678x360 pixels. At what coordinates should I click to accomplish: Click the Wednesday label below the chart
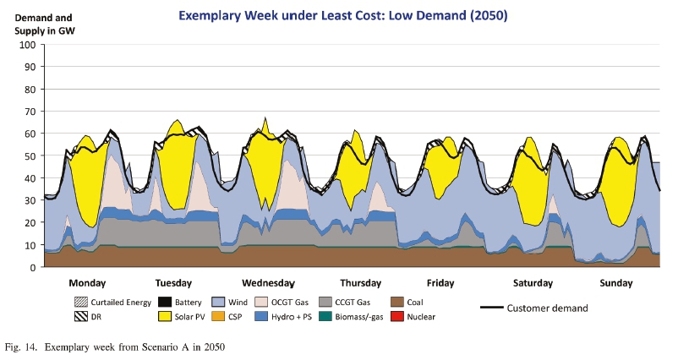pos(268,282)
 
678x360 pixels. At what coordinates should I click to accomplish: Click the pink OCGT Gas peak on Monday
pos(113,182)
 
